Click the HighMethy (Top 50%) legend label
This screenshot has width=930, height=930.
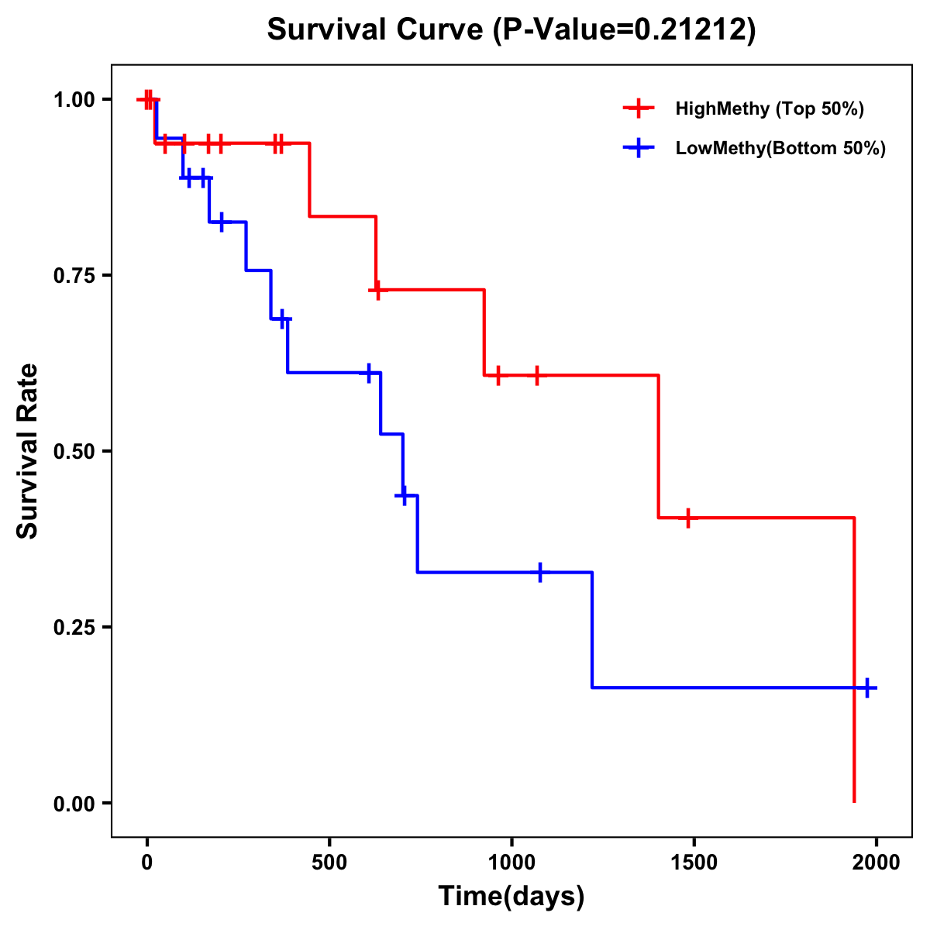(769, 108)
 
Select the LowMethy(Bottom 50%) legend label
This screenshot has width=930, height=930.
(780, 148)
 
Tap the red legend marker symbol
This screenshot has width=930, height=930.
(638, 108)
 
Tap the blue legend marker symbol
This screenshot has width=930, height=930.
(638, 148)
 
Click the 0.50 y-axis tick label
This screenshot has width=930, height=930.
(74, 452)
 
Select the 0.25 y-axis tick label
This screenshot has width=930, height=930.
(74, 628)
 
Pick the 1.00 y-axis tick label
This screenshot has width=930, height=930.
(74, 100)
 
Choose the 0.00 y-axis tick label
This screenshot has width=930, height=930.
(74, 804)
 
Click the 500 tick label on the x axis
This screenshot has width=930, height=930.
(329, 863)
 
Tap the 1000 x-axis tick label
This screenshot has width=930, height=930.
(511, 863)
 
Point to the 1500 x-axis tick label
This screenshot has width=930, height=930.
(694, 863)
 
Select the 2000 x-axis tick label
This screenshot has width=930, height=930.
(876, 863)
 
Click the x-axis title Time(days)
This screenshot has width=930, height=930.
(511, 897)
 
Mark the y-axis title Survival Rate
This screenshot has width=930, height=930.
(28, 451)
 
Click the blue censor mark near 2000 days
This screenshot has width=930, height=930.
(867, 687)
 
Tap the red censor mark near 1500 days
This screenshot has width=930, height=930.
(687, 518)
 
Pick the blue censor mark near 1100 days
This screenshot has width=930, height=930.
(540, 572)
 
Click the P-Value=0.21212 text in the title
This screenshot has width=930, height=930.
(626, 29)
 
